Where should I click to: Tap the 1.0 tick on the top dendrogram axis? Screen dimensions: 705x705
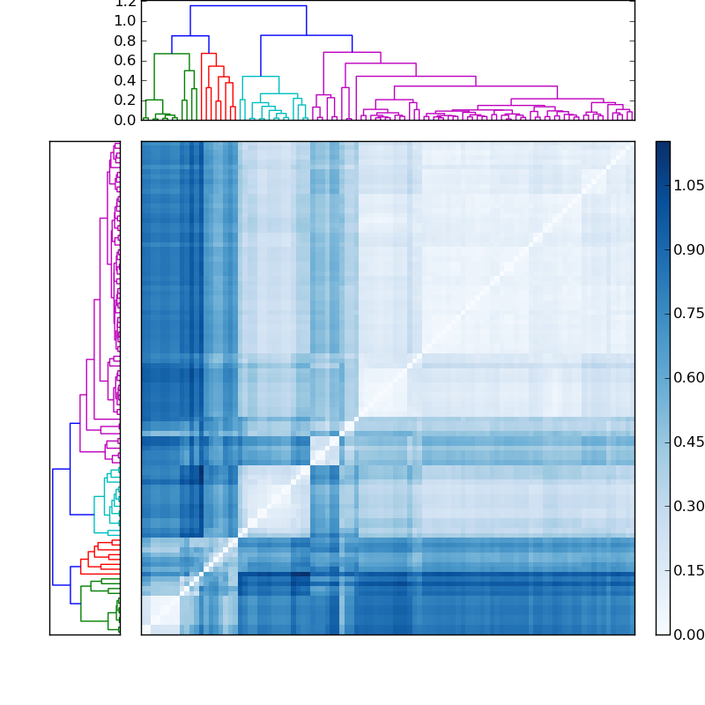[125, 20]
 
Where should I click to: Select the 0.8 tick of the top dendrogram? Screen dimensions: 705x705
[125, 41]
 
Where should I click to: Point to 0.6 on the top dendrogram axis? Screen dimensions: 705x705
[125, 60]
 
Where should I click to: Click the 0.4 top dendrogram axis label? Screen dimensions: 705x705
[125, 80]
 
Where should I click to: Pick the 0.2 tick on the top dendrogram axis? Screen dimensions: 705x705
[125, 100]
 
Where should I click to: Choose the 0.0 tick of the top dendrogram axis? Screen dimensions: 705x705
[125, 119]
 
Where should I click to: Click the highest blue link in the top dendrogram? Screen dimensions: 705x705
[248, 6]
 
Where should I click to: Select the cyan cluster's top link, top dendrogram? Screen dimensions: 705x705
[260, 77]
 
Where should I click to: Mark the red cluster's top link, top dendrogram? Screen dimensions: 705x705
[208, 54]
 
